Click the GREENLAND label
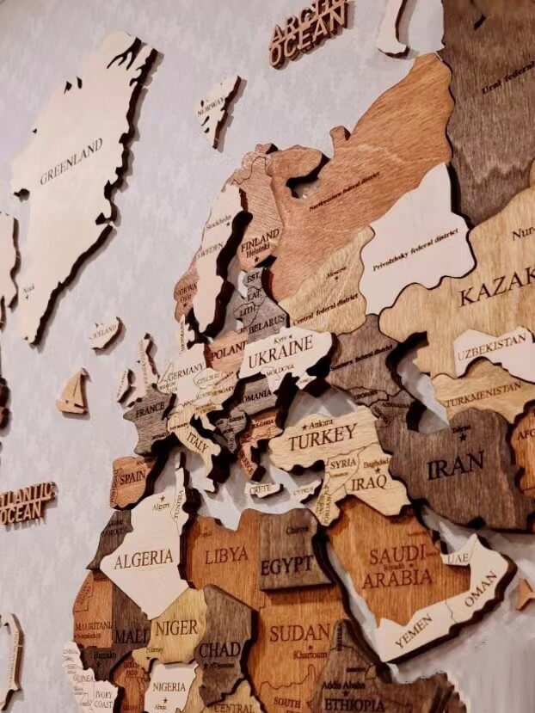click(71, 163)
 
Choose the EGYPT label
click(287, 565)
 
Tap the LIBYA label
click(227, 554)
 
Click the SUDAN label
click(299, 633)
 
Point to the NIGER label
click(176, 628)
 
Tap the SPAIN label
click(132, 475)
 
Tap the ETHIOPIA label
click(354, 704)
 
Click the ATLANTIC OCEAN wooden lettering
click(26, 504)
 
